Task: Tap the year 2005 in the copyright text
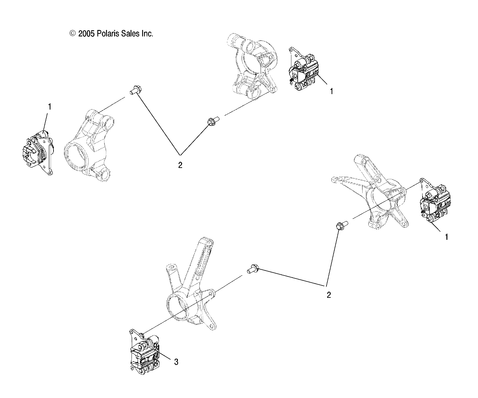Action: pyautogui.click(x=86, y=34)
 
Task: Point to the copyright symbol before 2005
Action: pyautogui.click(x=73, y=34)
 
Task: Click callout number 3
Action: pyautogui.click(x=176, y=362)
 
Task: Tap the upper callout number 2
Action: pyautogui.click(x=180, y=165)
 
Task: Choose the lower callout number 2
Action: pyautogui.click(x=329, y=295)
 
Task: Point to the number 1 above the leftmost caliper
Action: pyautogui.click(x=50, y=107)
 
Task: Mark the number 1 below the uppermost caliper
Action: pyautogui.click(x=331, y=91)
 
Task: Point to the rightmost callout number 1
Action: pyautogui.click(x=446, y=237)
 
